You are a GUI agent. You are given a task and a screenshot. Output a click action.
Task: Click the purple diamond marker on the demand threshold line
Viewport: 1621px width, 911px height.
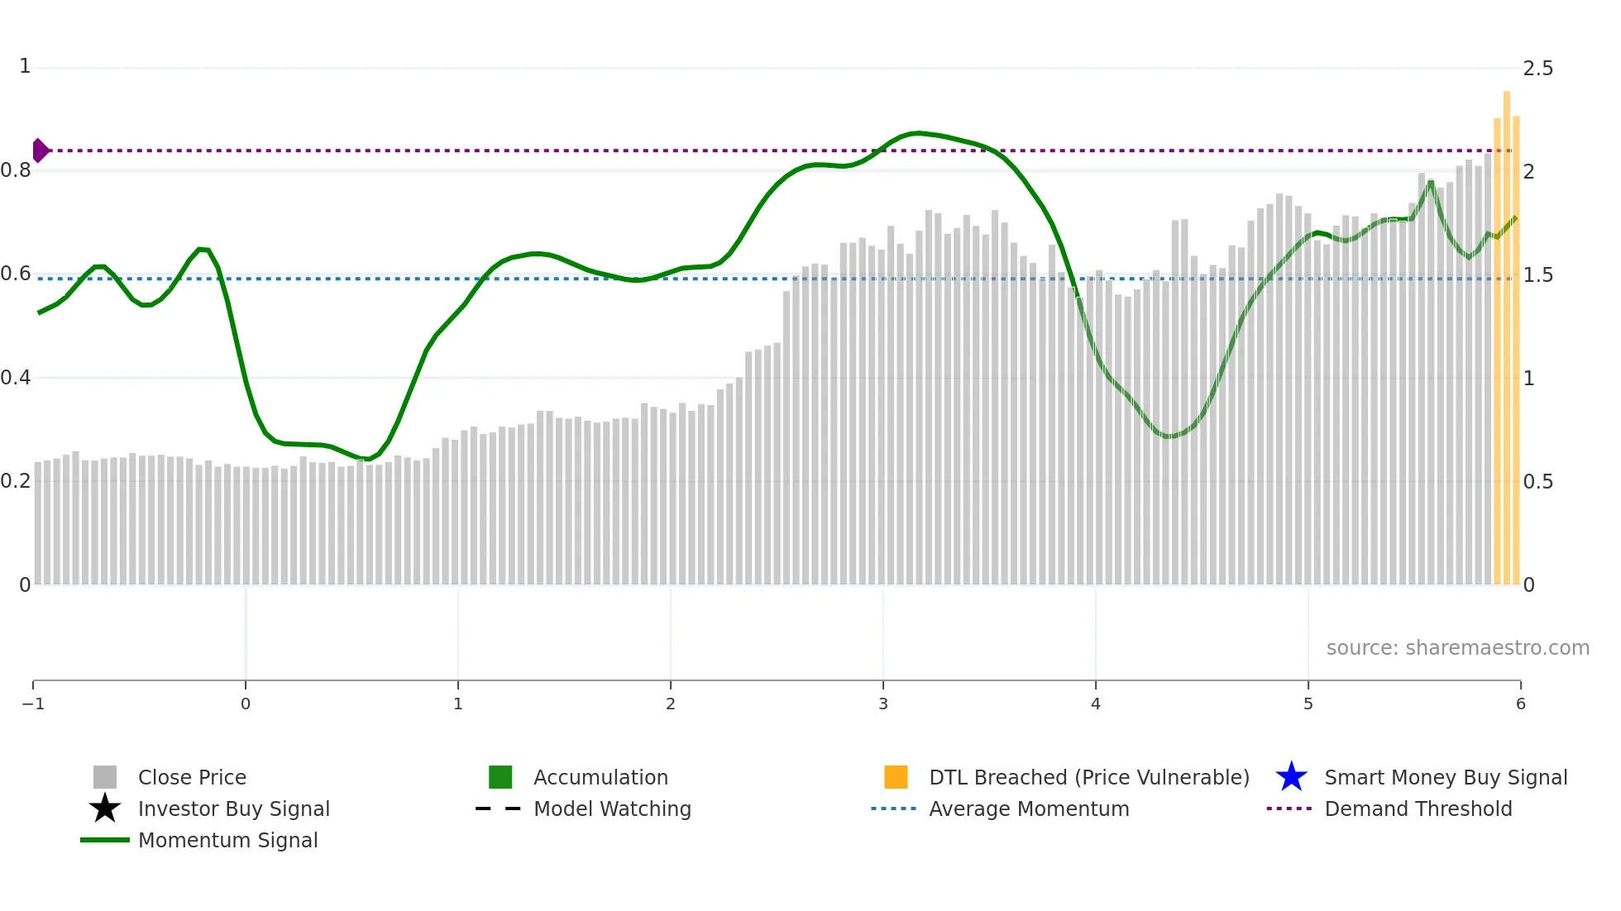tap(40, 150)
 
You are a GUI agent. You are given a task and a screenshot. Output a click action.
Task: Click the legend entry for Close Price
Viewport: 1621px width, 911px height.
tap(192, 777)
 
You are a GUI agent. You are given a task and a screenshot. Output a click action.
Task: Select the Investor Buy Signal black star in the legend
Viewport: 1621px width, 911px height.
tap(105, 808)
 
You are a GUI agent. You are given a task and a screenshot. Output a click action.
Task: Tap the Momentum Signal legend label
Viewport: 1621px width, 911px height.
tap(227, 840)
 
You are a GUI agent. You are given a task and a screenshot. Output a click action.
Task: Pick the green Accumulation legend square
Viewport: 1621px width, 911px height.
tap(500, 777)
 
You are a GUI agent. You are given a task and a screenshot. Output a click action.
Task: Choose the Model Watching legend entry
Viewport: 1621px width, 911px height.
tap(612, 808)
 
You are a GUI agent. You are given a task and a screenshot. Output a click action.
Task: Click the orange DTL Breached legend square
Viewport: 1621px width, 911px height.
tap(896, 777)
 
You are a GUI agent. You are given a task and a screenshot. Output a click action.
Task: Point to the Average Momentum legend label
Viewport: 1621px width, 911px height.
tap(1029, 808)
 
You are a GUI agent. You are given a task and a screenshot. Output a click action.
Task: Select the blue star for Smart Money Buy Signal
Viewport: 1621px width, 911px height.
tap(1291, 777)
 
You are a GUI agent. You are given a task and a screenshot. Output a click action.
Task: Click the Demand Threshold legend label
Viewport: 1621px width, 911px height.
tap(1418, 808)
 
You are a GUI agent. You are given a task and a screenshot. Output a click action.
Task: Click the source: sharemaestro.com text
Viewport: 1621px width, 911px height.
tap(1457, 648)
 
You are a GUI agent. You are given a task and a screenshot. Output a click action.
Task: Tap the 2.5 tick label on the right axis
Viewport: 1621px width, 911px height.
tap(1537, 69)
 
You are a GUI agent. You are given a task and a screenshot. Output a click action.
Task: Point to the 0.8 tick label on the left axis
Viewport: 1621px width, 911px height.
tap(16, 170)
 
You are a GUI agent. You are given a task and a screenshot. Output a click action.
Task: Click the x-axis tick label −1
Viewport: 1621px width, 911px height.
tap(33, 704)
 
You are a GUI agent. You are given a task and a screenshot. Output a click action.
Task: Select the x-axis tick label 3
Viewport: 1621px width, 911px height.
tap(883, 704)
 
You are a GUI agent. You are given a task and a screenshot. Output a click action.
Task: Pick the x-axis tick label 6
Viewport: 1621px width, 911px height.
tap(1520, 704)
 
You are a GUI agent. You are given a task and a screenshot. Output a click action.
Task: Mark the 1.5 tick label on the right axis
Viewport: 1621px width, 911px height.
tap(1537, 275)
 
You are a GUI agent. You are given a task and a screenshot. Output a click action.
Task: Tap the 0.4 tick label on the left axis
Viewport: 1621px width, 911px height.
tap(16, 378)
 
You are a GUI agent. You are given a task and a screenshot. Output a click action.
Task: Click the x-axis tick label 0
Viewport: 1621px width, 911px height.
tap(246, 704)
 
